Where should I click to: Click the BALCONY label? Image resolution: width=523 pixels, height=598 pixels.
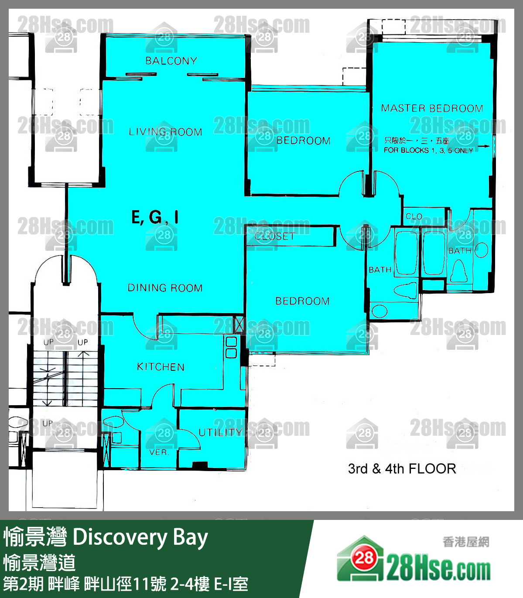click(171, 61)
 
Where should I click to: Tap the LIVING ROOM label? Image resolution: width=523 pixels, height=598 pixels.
click(165, 132)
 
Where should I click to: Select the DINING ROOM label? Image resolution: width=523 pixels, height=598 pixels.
click(165, 288)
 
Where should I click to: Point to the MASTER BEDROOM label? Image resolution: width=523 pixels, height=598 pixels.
click(432, 108)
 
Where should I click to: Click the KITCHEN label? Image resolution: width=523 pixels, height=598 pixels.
click(161, 367)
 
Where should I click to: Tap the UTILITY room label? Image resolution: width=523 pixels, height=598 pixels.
click(220, 432)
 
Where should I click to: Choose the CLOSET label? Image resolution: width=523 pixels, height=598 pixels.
click(275, 236)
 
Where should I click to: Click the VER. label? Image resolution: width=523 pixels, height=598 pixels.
click(159, 452)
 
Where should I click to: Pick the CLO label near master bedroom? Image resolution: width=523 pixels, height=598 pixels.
click(414, 216)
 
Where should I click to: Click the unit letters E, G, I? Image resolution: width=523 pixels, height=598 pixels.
click(155, 217)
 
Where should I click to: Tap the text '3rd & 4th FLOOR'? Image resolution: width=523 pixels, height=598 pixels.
click(402, 469)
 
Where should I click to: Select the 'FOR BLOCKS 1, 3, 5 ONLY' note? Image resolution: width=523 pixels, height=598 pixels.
click(428, 150)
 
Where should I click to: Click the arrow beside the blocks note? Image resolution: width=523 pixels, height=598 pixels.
click(483, 147)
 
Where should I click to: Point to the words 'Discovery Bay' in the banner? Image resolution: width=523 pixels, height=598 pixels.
click(140, 537)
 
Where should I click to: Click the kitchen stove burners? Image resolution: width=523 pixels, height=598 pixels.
click(231, 347)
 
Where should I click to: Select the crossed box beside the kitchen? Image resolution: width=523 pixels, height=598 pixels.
click(239, 324)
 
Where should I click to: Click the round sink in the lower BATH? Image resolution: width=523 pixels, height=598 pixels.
click(379, 311)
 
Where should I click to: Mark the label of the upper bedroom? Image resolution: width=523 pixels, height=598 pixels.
click(303, 141)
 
